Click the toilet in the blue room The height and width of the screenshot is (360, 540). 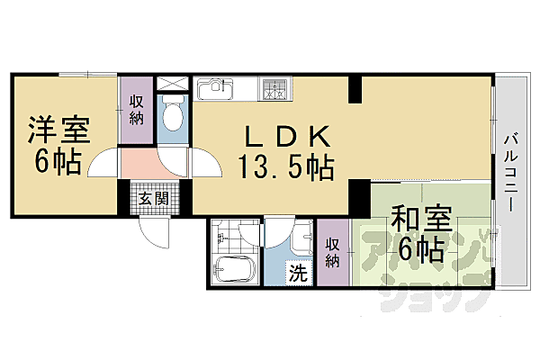pos(173,117)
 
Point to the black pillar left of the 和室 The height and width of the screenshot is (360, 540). pos(359,193)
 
